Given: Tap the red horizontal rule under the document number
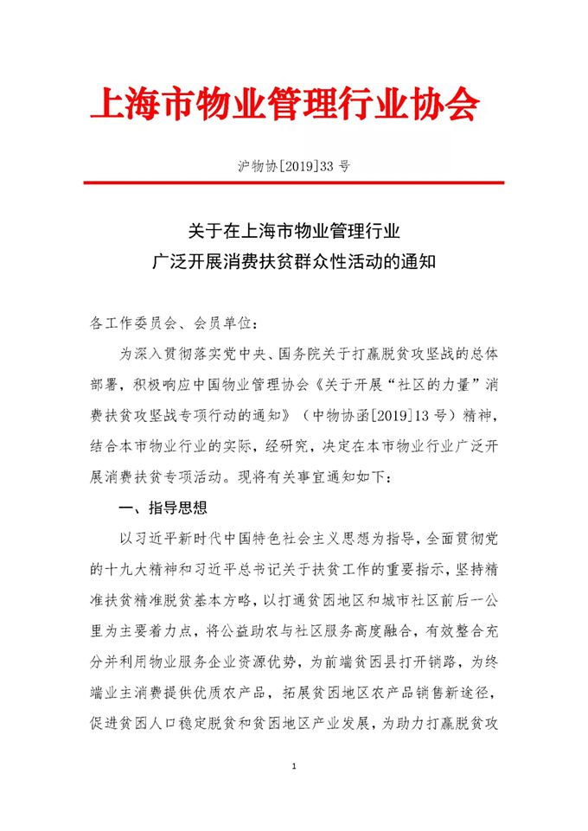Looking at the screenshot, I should (293, 182).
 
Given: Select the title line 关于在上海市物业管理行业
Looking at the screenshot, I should (293, 232).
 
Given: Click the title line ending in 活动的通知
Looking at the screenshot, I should (293, 262).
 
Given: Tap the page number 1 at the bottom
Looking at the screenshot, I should (295, 768).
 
